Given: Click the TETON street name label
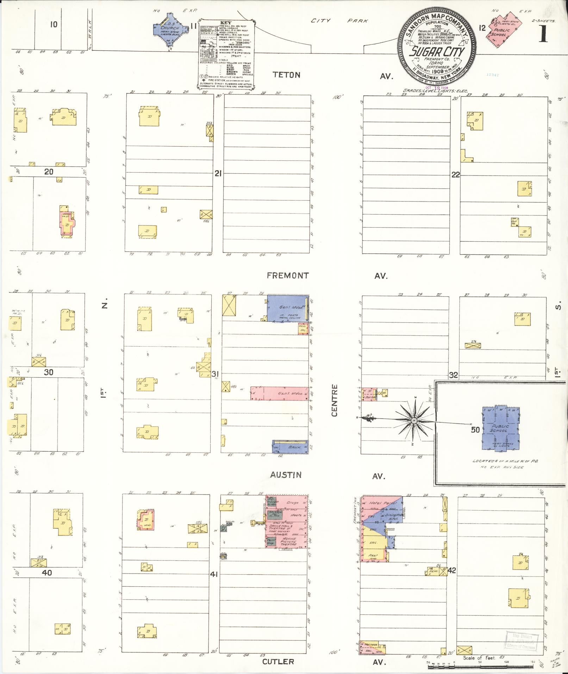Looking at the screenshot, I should click(287, 75).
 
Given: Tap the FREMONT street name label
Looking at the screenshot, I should click(287, 276).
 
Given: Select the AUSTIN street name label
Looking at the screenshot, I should click(286, 475).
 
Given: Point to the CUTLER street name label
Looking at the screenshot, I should click(278, 661).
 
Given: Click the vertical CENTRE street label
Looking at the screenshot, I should click(334, 400).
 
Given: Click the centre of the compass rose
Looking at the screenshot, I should click(414, 420).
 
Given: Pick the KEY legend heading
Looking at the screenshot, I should click(226, 23).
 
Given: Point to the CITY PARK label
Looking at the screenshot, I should click(339, 21).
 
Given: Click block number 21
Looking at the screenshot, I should click(218, 173).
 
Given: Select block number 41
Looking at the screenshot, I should click(214, 574).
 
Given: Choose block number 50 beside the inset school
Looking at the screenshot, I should click(475, 429).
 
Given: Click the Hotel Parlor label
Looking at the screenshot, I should click(382, 503).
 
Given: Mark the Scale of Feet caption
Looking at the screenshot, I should click(479, 658).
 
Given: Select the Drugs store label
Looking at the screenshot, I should click(292, 502).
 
